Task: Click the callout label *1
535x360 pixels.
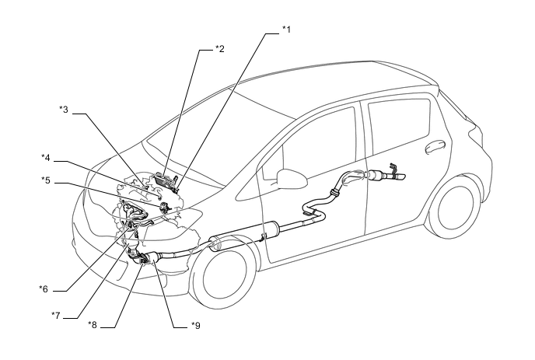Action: (x=287, y=30)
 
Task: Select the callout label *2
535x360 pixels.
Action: (x=220, y=49)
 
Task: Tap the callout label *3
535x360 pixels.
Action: (x=64, y=110)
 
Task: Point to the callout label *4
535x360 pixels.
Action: (x=46, y=158)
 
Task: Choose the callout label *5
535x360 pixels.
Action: (x=46, y=180)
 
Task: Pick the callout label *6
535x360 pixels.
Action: (x=44, y=289)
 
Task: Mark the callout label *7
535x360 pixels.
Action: (x=56, y=316)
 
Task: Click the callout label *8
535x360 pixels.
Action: (x=93, y=325)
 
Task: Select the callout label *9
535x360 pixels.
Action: (x=195, y=326)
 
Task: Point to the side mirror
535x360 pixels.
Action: (x=291, y=179)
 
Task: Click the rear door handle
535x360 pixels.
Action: (x=435, y=146)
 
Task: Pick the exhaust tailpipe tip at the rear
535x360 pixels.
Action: (x=399, y=177)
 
